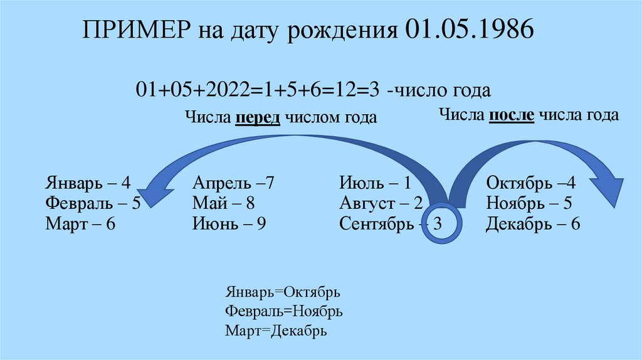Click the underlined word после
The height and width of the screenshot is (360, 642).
point(512,115)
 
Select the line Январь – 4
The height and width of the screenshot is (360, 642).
point(88,183)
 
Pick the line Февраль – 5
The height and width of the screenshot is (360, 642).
point(92,203)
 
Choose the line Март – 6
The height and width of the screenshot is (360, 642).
point(80,224)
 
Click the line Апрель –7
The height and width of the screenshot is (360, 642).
point(234,183)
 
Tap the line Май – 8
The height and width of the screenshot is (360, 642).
point(224,203)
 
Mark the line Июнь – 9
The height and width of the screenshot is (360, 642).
point(229,224)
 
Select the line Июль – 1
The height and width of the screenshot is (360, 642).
point(375,183)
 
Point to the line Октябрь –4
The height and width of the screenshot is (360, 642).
point(530,183)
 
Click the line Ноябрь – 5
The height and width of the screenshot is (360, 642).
point(529,203)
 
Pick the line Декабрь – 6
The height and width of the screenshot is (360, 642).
point(533,224)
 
